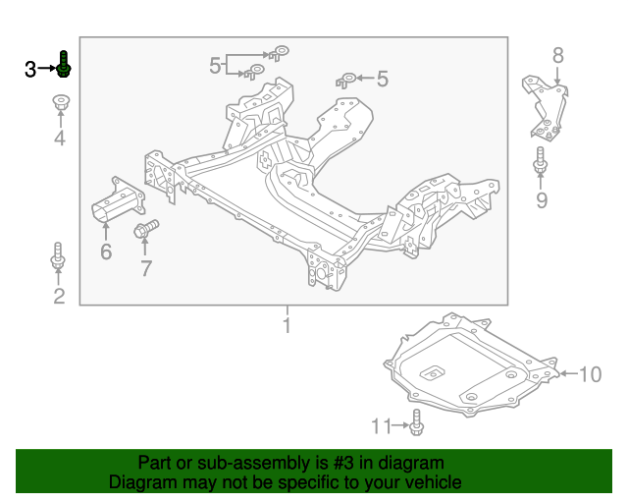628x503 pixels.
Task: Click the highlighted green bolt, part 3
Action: click(x=63, y=65)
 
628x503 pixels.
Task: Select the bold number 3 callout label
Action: click(x=30, y=69)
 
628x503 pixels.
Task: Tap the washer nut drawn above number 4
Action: click(x=60, y=101)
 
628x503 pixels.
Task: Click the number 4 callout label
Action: click(x=59, y=139)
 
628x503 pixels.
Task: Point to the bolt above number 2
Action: click(x=58, y=256)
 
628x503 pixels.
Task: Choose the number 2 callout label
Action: click(x=59, y=296)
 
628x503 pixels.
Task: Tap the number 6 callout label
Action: click(x=105, y=252)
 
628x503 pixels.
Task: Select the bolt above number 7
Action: click(x=142, y=231)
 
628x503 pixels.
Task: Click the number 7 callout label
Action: click(x=145, y=267)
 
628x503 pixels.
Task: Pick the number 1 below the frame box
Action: click(x=287, y=325)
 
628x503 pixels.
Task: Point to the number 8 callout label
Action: click(x=557, y=56)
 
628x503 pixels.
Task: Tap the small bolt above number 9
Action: click(x=540, y=163)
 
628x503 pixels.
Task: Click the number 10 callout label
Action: click(x=589, y=374)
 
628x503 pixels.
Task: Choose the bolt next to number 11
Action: click(x=416, y=422)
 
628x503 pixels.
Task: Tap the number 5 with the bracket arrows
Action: click(x=215, y=66)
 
